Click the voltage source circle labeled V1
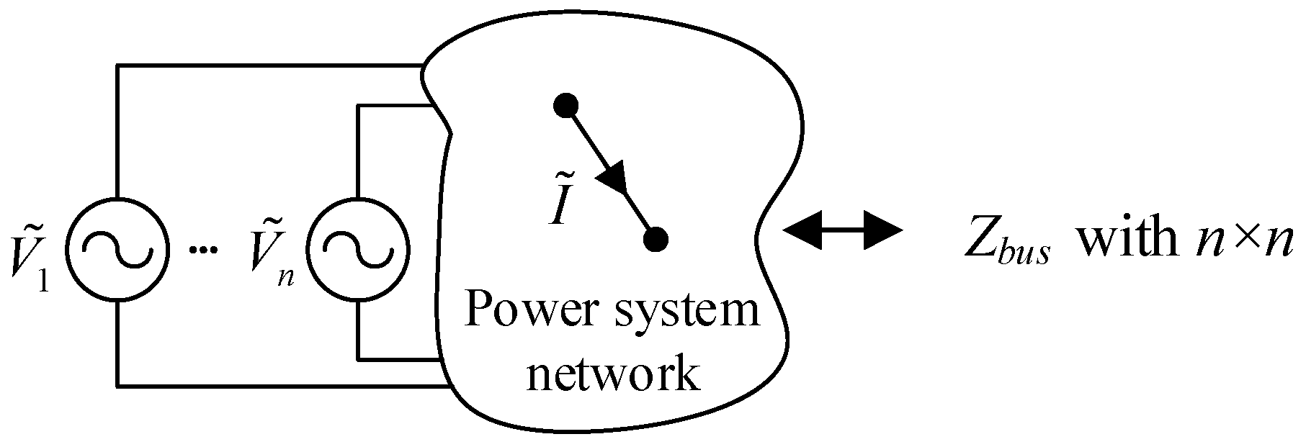(117, 248)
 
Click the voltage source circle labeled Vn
(358, 248)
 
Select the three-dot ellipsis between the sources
(202, 250)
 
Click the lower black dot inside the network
(656, 238)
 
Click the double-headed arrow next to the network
(842, 231)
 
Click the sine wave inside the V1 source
(117, 248)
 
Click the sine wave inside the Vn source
(358, 248)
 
